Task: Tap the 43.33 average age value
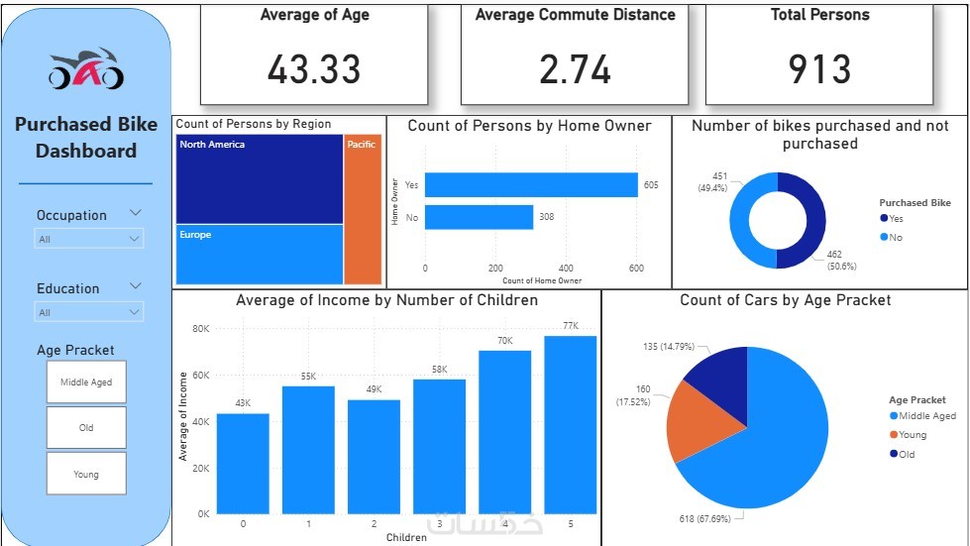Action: [314, 68]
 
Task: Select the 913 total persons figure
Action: [819, 68]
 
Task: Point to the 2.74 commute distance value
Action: [575, 68]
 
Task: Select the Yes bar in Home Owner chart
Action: [531, 185]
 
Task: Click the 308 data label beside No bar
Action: [547, 216]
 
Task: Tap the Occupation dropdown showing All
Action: [89, 239]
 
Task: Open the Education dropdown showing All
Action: [89, 312]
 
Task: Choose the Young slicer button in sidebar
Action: [86, 474]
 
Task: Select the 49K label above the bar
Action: [374, 389]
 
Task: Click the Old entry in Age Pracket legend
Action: [907, 454]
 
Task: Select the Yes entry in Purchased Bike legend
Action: [896, 218]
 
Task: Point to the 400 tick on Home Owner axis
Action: [566, 269]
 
